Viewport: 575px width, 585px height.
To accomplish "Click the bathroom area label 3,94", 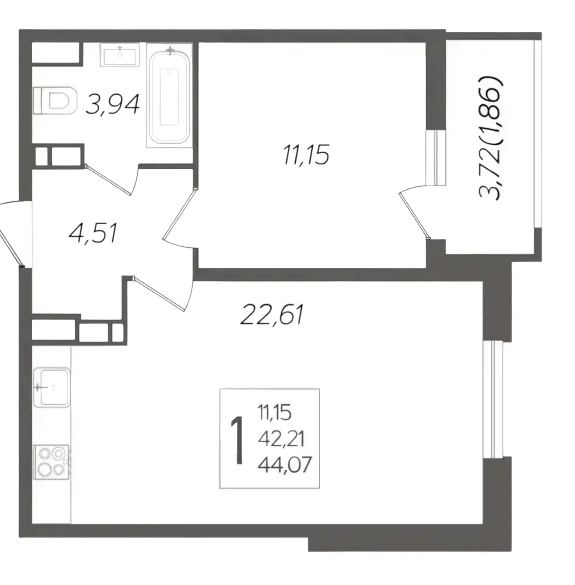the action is pos(112,104).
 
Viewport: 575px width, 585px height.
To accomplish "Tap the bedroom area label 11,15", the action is pos(306,154).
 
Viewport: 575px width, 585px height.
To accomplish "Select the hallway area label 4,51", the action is pos(93,233).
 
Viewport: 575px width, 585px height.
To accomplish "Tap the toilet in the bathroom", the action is pos(54,100).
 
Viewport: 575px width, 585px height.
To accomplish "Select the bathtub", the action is pos(169,97).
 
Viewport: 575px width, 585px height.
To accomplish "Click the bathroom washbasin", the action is pos(120,55).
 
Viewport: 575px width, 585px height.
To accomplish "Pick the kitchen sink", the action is pos(52,387).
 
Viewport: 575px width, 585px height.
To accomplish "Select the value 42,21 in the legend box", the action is pos(281,440).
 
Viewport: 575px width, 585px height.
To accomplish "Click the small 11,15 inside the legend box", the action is pos(274,413).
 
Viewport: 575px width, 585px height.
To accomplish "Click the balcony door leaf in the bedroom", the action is pos(414,216).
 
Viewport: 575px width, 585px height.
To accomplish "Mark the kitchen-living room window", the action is pos(493,400).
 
